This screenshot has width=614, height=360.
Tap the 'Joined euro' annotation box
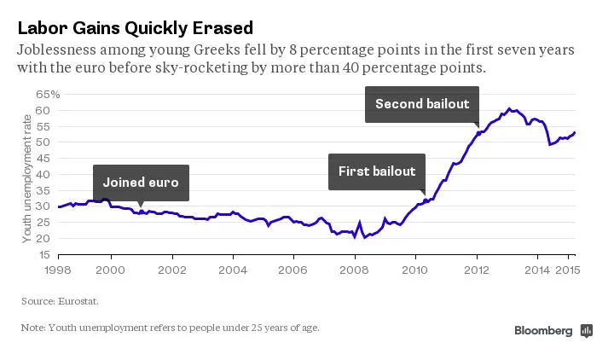pos(141,182)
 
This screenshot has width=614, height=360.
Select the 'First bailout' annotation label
pos(377,171)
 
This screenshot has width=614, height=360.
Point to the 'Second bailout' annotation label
pos(422,104)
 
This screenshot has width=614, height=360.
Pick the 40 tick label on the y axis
pos(46,174)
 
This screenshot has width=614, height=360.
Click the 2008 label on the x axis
pos(354,269)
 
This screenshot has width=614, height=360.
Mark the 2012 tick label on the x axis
pos(476,269)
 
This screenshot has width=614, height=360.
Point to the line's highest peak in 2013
pos(509,108)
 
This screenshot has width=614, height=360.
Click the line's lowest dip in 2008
pos(365,236)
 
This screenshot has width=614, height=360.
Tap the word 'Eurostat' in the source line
pos(73,301)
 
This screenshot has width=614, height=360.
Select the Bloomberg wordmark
pos(543,331)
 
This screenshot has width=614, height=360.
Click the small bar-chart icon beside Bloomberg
pos(586,331)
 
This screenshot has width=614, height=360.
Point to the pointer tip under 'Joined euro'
pos(141,204)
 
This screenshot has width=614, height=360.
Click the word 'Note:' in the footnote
pos(33,328)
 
